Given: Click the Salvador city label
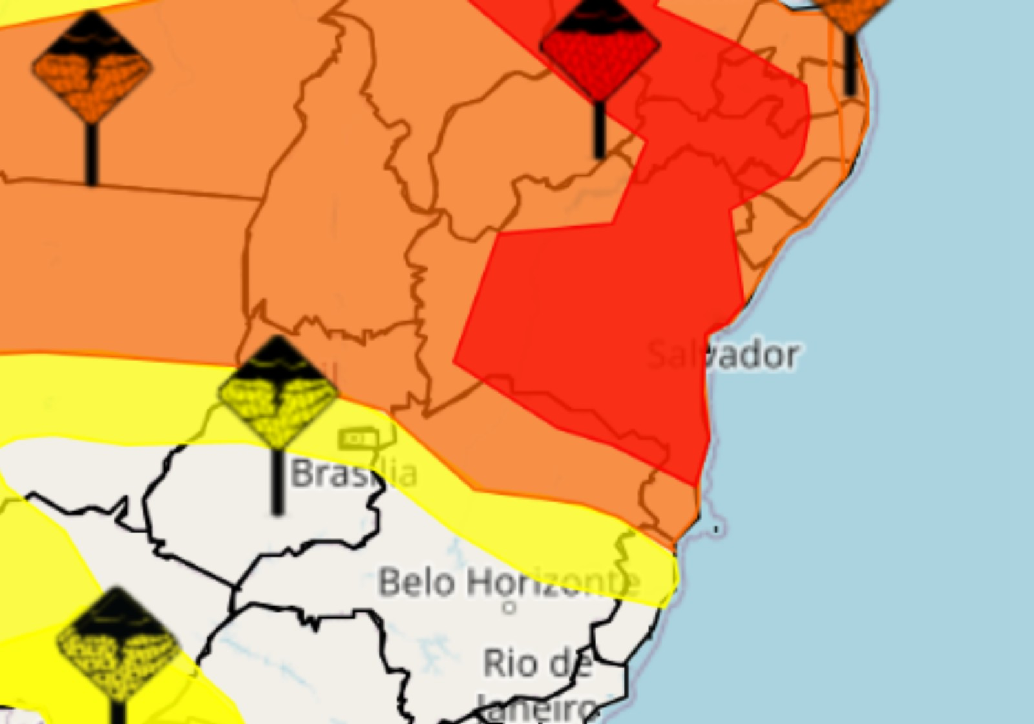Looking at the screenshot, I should pos(723,355).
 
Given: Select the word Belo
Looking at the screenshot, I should pos(417,582).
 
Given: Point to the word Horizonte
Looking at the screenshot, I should pos(553,583).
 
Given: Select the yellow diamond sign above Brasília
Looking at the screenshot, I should pos(278,392).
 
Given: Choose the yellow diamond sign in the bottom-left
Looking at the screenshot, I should pos(117,643).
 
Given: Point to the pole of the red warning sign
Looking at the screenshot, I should pos(599,129).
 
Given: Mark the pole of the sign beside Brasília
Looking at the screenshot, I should pos(278,482).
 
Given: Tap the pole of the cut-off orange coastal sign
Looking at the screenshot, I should pos(850,65).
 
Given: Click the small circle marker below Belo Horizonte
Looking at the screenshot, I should pos(509,607).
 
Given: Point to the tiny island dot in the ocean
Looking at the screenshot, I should pos(715,529).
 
